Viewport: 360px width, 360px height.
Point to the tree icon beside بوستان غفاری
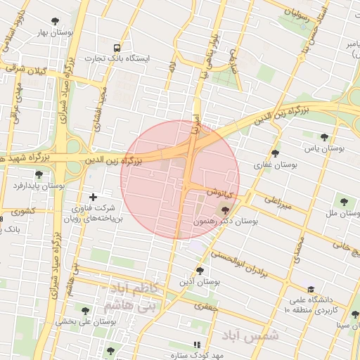click(275, 153)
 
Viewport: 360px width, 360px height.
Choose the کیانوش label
click(219, 191)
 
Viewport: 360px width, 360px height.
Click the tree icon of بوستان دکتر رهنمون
click(225, 210)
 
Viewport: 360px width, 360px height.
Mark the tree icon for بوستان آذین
click(200, 271)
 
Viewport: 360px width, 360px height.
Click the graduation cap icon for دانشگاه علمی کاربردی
click(310, 289)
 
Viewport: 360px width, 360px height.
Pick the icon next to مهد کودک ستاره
click(198, 345)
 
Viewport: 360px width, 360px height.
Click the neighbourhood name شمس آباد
click(250, 335)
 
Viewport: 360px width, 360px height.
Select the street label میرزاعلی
click(277, 203)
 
